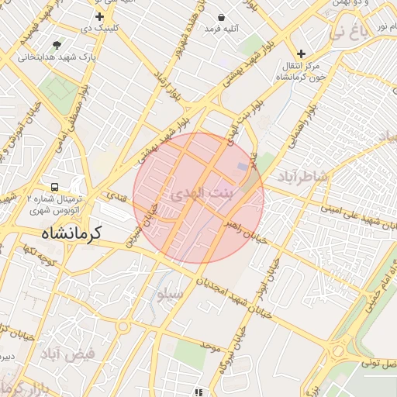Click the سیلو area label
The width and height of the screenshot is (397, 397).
(170, 294)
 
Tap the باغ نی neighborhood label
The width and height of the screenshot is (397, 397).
(347, 33)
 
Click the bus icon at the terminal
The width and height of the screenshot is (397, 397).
(54, 187)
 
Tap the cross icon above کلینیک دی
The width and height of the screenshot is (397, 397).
(99, 16)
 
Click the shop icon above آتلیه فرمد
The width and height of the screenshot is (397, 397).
(223, 16)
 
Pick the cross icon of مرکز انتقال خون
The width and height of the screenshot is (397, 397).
(301, 54)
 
